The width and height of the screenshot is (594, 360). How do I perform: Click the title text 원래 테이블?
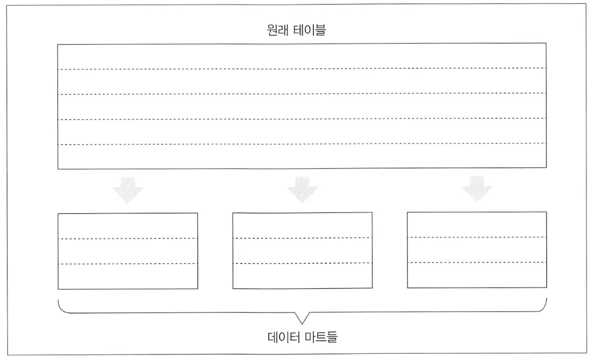[x=296, y=30]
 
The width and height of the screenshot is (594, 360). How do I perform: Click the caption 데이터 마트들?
[x=303, y=338]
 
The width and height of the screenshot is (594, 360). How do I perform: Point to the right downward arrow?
[x=477, y=190]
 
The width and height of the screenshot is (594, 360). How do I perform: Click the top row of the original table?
[x=301, y=56]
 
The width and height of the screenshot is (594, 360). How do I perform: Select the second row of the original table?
[x=301, y=81]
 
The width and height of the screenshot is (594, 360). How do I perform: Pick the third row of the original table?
[x=301, y=107]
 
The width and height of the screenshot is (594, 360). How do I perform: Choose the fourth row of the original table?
[x=301, y=132]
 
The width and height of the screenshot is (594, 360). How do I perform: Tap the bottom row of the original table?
[x=301, y=156]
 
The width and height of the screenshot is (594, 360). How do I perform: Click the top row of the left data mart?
[x=128, y=226]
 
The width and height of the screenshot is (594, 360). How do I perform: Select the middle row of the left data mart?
[x=128, y=251]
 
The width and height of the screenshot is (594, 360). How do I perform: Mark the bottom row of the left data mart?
[x=128, y=276]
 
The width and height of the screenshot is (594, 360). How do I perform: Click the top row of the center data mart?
[x=302, y=225]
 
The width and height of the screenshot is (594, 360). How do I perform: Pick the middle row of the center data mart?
[x=302, y=251]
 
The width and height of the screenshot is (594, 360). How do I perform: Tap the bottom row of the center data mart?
[x=302, y=276]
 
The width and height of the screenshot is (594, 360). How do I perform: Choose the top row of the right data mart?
[x=477, y=224]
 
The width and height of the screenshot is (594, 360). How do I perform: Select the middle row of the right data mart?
[x=477, y=250]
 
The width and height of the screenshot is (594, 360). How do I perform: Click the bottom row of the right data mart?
[x=477, y=275]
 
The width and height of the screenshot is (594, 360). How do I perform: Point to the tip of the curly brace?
[x=302, y=324]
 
